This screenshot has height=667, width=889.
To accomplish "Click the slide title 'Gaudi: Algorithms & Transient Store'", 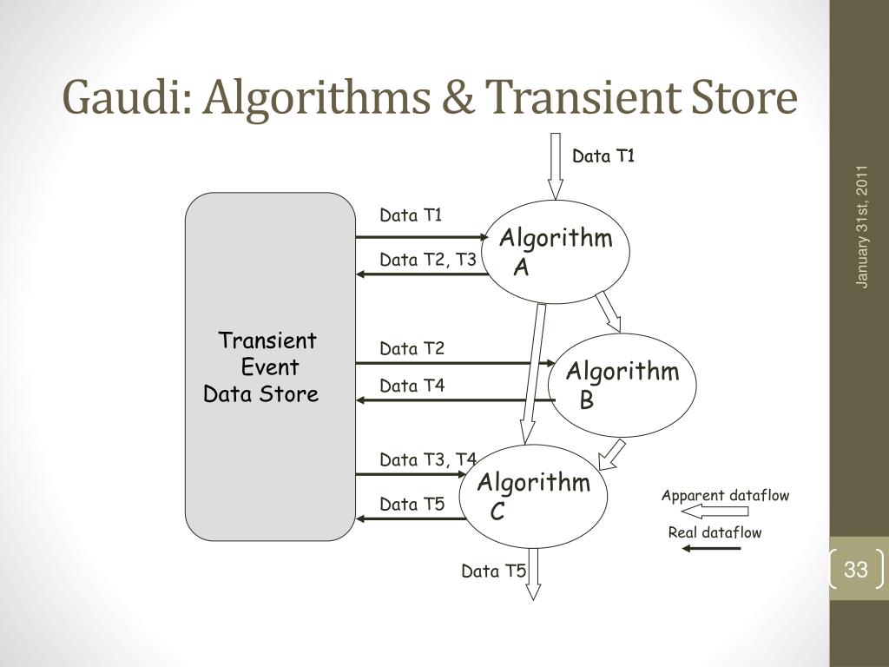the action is coord(430,97).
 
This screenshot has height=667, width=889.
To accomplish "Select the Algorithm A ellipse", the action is coord(556,252).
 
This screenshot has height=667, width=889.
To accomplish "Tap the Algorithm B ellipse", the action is coord(622,385).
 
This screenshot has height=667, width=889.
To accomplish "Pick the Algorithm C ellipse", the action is coord(534,496).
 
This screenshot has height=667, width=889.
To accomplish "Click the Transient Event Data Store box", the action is coord(269,367).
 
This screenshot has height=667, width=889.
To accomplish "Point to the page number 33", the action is coord(856,570).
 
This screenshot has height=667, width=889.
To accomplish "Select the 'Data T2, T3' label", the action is coord(427,259).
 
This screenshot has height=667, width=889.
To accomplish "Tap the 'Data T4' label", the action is coord(412,386).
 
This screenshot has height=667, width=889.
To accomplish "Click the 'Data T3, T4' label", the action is coord(427,459).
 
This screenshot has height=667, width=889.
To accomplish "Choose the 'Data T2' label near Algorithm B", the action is coord(412,349).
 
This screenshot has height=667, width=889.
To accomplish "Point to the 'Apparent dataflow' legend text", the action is coord(725,496).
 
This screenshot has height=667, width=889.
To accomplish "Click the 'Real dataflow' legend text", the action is coord(714,532).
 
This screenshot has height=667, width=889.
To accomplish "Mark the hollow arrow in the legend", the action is coord(714,512).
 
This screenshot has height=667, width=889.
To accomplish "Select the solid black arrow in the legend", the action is coord(711,549).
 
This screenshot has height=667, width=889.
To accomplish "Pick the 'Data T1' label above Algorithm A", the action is coord(603,156).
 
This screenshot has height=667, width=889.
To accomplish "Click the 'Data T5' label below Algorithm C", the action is coord(493,571).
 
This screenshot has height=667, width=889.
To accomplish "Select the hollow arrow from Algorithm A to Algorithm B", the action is coord(609,312).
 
